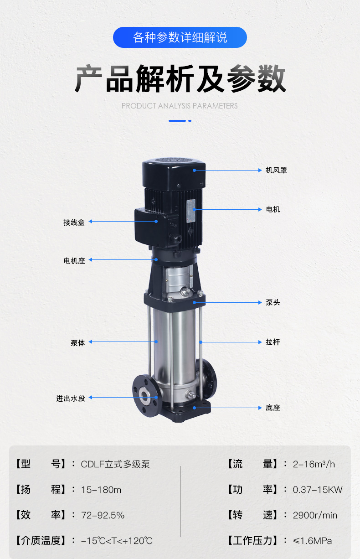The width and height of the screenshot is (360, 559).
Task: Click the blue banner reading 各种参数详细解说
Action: pos(180,37)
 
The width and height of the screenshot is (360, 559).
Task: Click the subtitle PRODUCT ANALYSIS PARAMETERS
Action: pos(180,106)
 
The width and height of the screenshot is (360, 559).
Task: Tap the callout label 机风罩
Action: pos(277,170)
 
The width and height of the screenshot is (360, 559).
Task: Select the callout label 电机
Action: pos(273,209)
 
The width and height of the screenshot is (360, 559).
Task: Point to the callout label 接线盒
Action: pos(74,223)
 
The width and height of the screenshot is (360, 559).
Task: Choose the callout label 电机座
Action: pos(74,261)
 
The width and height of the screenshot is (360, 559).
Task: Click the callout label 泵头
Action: pos(273,302)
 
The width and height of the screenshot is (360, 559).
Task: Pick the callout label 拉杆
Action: pos(273,342)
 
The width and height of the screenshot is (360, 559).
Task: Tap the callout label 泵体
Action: pos(78,343)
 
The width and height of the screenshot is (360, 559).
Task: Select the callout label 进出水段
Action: pos(71,399)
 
